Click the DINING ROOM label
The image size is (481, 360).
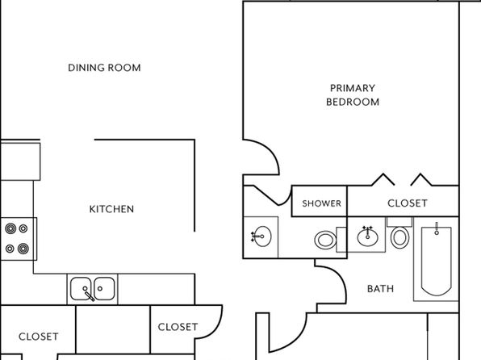104,68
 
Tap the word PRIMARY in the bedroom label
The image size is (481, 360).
353,88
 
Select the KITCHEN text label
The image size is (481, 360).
111,209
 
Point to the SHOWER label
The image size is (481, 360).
321,203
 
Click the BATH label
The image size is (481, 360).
380,288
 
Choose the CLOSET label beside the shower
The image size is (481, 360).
408,203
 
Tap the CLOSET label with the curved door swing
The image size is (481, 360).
178,327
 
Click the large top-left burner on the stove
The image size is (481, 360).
10,228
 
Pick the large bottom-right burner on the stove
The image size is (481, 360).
23,249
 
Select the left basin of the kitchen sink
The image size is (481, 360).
81,288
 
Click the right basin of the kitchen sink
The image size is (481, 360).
104,288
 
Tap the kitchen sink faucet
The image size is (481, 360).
89,295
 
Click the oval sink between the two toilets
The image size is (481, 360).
367,237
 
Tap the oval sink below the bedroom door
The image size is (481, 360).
261,237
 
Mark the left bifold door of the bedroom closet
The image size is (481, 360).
383,180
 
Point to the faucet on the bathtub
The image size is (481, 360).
437,228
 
